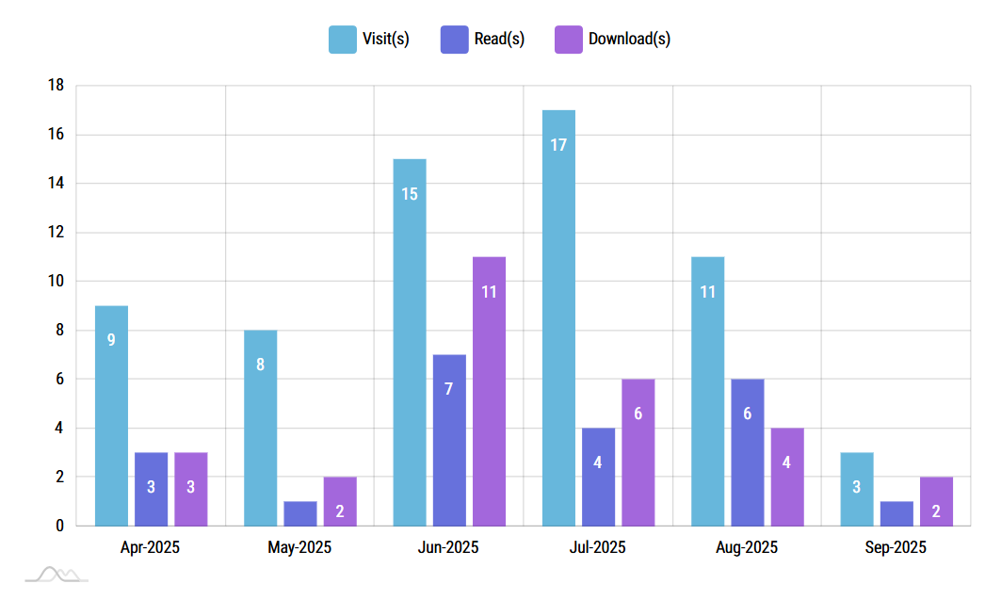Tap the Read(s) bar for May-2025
pyautogui.click(x=300, y=513)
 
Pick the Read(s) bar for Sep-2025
pyautogui.click(x=896, y=513)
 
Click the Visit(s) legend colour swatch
pyautogui.click(x=342, y=40)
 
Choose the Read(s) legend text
pyautogui.click(x=500, y=40)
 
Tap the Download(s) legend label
pyautogui.click(x=629, y=40)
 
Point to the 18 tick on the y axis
pyautogui.click(x=56, y=86)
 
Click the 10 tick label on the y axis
pyautogui.click(x=56, y=282)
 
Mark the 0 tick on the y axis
pyautogui.click(x=59, y=526)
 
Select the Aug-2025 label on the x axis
pyautogui.click(x=747, y=547)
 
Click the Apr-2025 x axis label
pyautogui.click(x=151, y=547)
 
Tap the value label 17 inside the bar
pyautogui.click(x=558, y=145)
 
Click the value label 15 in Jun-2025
pyautogui.click(x=410, y=194)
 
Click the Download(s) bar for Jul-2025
pyautogui.click(x=638, y=452)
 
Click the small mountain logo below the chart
pyautogui.click(x=57, y=574)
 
